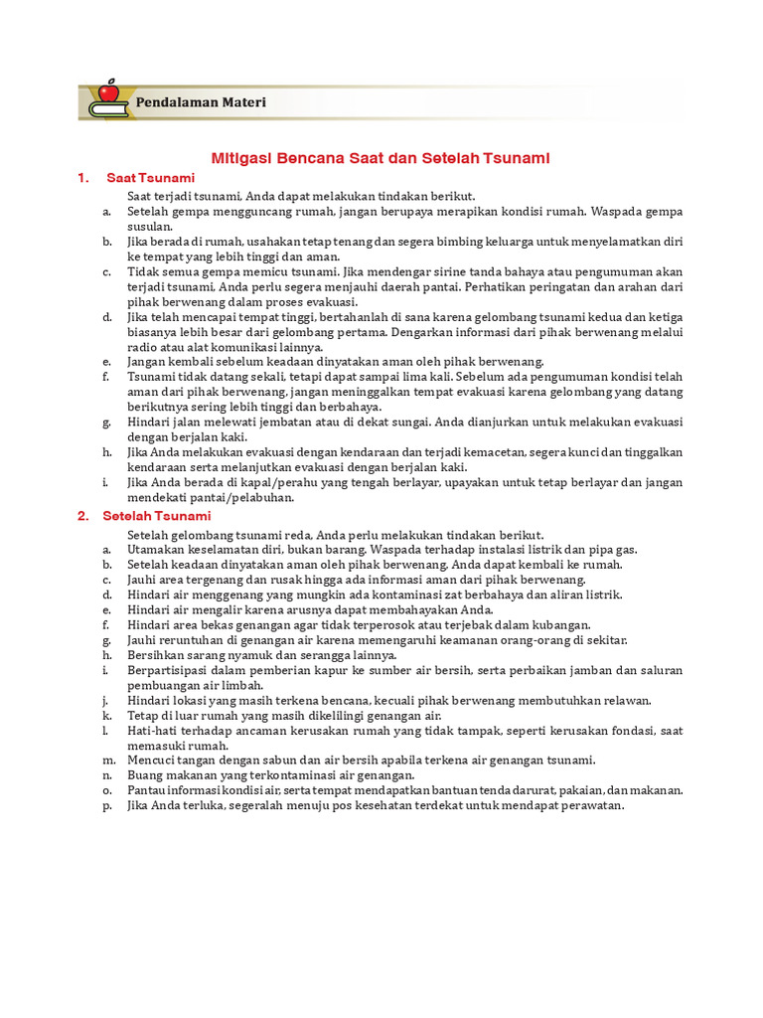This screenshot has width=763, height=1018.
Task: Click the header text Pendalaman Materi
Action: point(201,102)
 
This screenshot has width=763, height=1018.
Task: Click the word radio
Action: point(144,347)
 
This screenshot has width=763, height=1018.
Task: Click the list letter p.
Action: point(105,805)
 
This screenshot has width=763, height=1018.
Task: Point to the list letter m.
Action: point(106,761)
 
